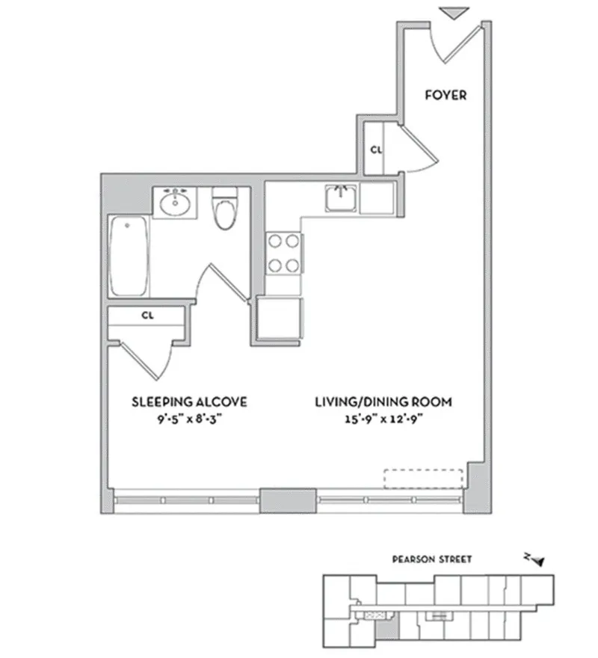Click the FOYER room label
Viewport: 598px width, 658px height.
tap(446, 95)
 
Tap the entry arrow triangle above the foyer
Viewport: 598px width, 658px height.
tap(454, 13)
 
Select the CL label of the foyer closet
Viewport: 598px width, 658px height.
tap(376, 150)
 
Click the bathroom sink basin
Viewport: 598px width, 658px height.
tap(176, 202)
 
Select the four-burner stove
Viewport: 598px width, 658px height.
tap(284, 253)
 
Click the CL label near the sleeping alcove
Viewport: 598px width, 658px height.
tap(147, 316)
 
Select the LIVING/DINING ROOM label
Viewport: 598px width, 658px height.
tap(383, 402)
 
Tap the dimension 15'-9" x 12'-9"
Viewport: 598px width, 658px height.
tap(383, 419)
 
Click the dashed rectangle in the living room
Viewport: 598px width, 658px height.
tap(424, 479)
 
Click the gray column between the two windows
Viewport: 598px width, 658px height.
tap(288, 499)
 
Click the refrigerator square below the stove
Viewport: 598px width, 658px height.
tap(280, 319)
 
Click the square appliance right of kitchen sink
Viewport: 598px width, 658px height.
tap(376, 198)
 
